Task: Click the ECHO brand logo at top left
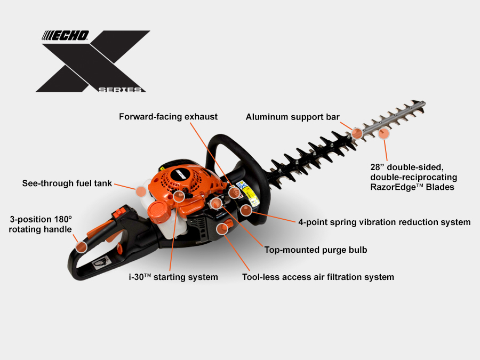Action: [66, 36]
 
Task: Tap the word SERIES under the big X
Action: [120, 90]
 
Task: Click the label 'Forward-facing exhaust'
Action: [168, 117]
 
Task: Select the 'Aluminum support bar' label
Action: [293, 117]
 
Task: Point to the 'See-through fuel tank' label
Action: [67, 183]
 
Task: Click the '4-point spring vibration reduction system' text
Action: [385, 222]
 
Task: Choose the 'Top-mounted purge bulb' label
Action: [316, 250]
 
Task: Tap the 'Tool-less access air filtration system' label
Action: [318, 277]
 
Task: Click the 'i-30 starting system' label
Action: [173, 277]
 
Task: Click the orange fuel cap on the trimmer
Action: [158, 211]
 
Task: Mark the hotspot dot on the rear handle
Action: [82, 247]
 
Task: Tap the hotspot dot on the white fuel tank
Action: [141, 191]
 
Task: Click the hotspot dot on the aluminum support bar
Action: [357, 133]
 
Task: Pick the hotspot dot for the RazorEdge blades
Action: [383, 134]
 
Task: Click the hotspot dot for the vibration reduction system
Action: [246, 210]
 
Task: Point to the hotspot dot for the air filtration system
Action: [222, 229]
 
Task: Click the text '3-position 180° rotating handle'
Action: [41, 225]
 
